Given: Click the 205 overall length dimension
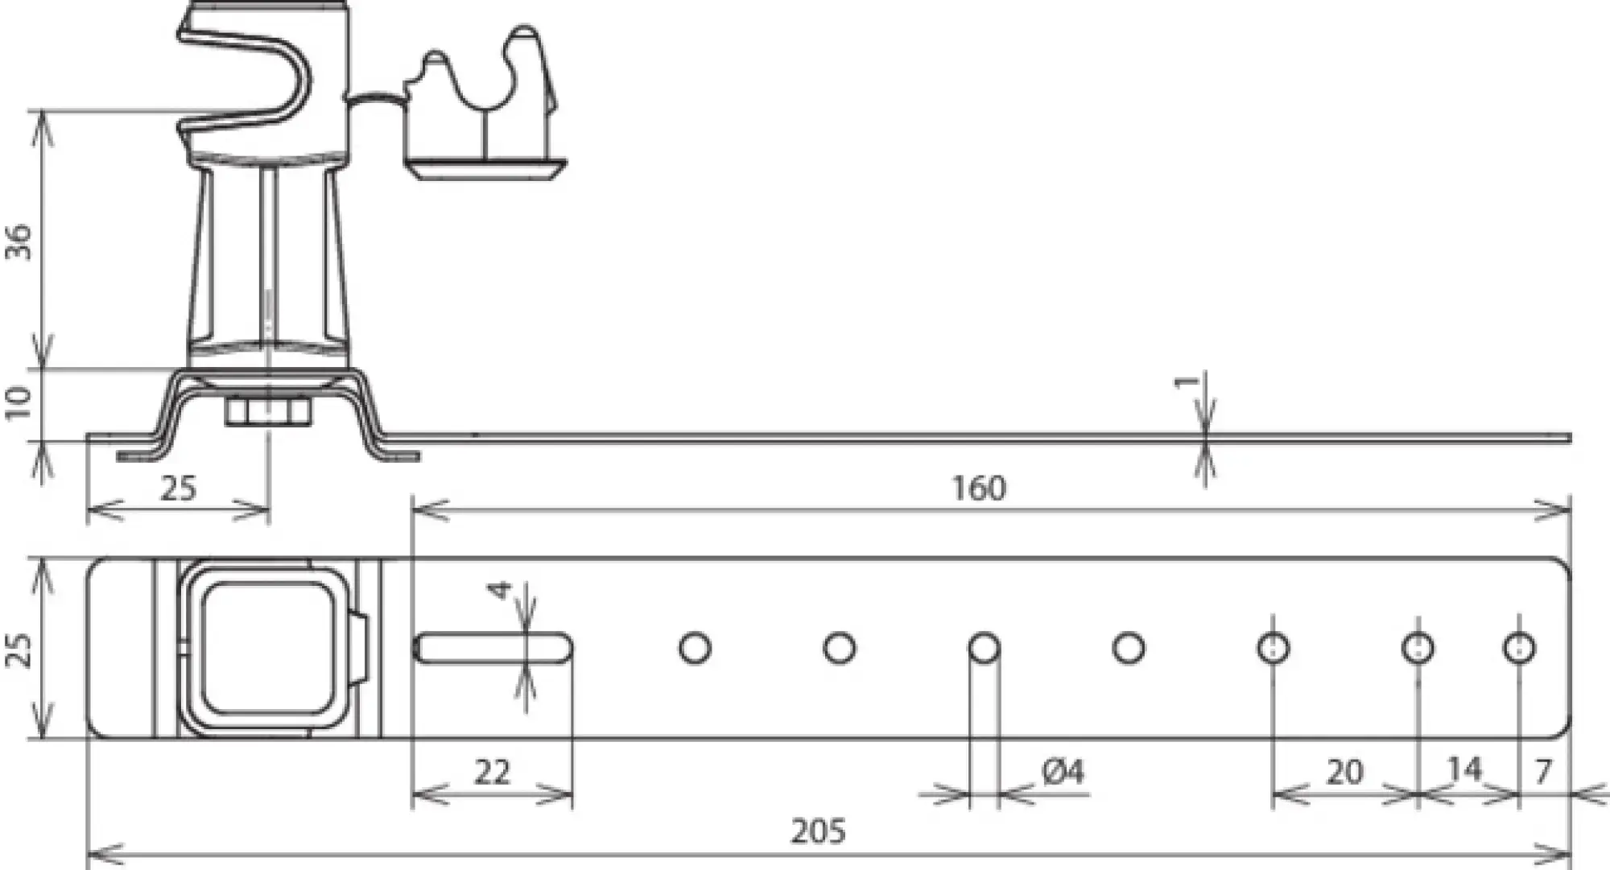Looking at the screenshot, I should pos(818,831).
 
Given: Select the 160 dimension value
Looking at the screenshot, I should pos(978,488).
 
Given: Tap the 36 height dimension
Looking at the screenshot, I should pos(19,241).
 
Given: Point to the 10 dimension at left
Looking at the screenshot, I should pos(19,402).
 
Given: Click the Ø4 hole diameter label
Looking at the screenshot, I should pos(1063,772).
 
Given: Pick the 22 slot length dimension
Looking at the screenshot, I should pos(492,772).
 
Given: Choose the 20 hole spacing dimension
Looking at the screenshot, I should pos(1344,772).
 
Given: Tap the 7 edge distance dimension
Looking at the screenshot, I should pos(1542,772).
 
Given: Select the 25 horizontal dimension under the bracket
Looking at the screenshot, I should pos(178,488).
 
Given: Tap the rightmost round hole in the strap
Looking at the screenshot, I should pos(1518,648).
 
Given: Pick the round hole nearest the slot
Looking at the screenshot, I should pos(695,648).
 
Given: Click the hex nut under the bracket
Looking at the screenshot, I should pos(267,413).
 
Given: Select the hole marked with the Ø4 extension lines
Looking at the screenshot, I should pos(984,648).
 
